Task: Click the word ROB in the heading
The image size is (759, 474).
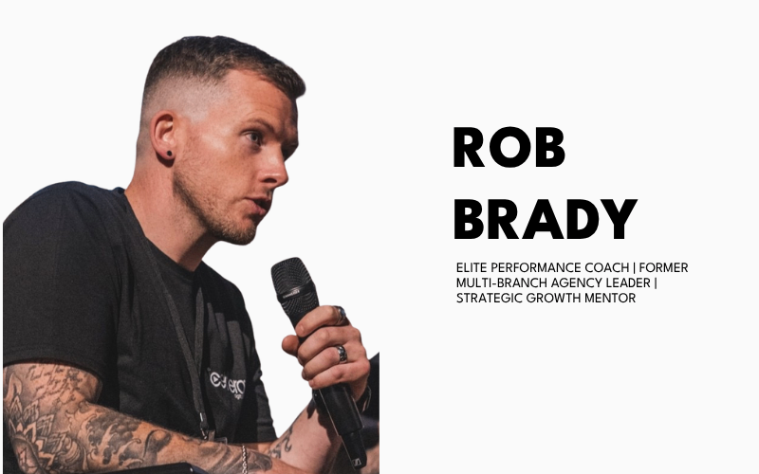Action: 509,147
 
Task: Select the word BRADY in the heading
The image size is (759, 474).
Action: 545,219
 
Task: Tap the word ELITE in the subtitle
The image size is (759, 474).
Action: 471,268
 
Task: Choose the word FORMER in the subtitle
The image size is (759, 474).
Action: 663,268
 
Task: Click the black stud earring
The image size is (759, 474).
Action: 170,154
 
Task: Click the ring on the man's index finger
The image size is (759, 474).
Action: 340,315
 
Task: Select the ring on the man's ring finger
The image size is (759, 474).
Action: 342,354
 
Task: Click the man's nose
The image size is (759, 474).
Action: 276,169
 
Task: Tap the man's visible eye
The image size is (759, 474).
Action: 252,137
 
